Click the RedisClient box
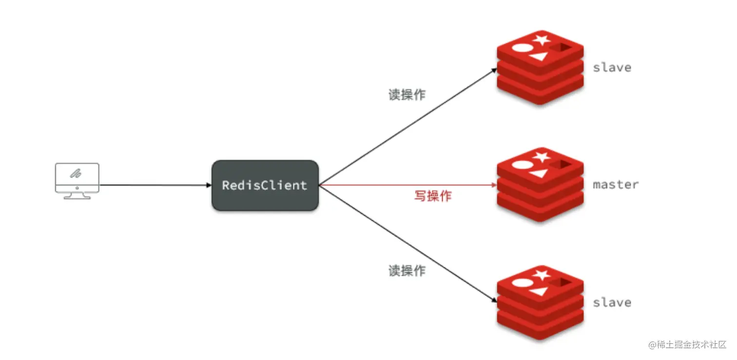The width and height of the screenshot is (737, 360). point(265,185)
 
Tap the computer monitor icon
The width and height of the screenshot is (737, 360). point(77,180)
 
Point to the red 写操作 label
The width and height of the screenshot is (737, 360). point(433,196)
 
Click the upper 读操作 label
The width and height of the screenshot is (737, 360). point(407,95)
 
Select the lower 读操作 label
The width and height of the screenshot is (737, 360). point(407,271)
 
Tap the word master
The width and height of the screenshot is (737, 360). point(615,185)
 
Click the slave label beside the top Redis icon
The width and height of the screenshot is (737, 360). point(612,67)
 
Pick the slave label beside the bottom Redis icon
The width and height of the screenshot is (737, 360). point(612,302)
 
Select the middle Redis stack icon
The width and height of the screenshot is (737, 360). point(540,185)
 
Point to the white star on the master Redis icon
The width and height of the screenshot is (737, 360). point(542,157)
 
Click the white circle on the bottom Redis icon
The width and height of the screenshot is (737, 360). point(521,283)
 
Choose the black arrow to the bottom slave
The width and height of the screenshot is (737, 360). point(407,244)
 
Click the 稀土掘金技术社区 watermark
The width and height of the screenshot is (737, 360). point(687,345)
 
